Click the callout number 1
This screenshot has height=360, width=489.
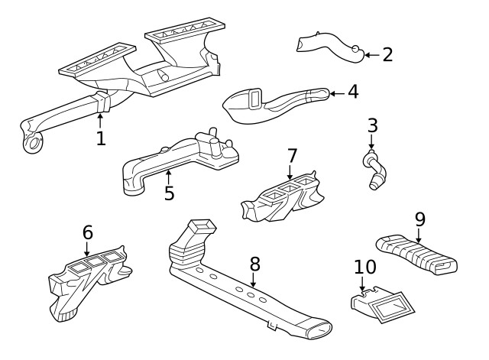pos(100,138)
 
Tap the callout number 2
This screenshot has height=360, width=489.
pos(387,54)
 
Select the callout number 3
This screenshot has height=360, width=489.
pos(372,125)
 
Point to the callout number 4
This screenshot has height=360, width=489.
pos(352,92)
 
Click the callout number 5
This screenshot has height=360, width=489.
pos(169,193)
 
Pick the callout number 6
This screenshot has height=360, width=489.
pos(87,232)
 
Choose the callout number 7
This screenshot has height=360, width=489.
pos(292,156)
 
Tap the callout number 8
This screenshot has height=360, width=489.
pos(255,264)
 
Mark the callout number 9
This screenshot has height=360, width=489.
pos(419,219)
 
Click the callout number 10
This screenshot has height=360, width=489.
pos(365,268)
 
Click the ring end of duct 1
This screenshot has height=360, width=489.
pos(32,144)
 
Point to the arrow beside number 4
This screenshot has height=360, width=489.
pos(335,93)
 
